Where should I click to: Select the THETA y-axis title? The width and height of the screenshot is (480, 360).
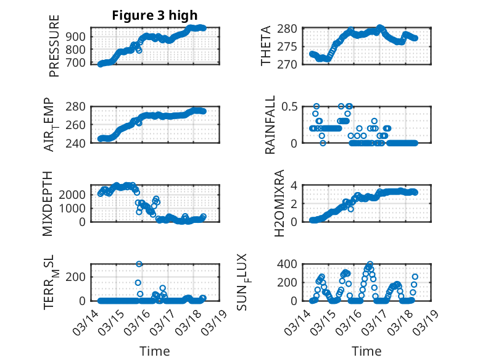pyautogui.click(x=266, y=46)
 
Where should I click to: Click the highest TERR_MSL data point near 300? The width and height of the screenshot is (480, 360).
pyautogui.click(x=139, y=264)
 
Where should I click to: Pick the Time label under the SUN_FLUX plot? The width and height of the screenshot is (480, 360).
pyautogui.click(x=366, y=351)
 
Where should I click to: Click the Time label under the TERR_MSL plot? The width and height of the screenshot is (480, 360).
pyautogui.click(x=155, y=351)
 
